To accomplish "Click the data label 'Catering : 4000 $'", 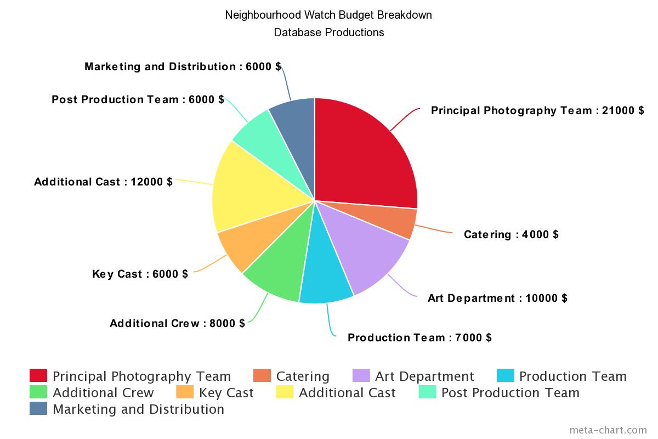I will tap(511, 234).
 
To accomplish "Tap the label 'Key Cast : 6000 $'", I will tap(140, 274).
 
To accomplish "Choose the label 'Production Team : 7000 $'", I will tap(419, 337).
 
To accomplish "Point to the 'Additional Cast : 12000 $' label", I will tap(103, 182).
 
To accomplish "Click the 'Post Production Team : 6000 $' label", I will tap(138, 99).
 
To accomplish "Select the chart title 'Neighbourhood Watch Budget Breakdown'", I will tap(328, 15).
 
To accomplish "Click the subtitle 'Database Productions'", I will tap(328, 32).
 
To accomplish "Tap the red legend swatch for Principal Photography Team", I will tap(38, 376).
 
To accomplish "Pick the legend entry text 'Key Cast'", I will tap(226, 393).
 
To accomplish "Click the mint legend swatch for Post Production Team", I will tap(427, 392).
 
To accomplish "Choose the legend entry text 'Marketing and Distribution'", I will tap(138, 409).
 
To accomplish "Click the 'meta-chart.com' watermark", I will tap(608, 430).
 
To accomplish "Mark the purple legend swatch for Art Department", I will tap(361, 376).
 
